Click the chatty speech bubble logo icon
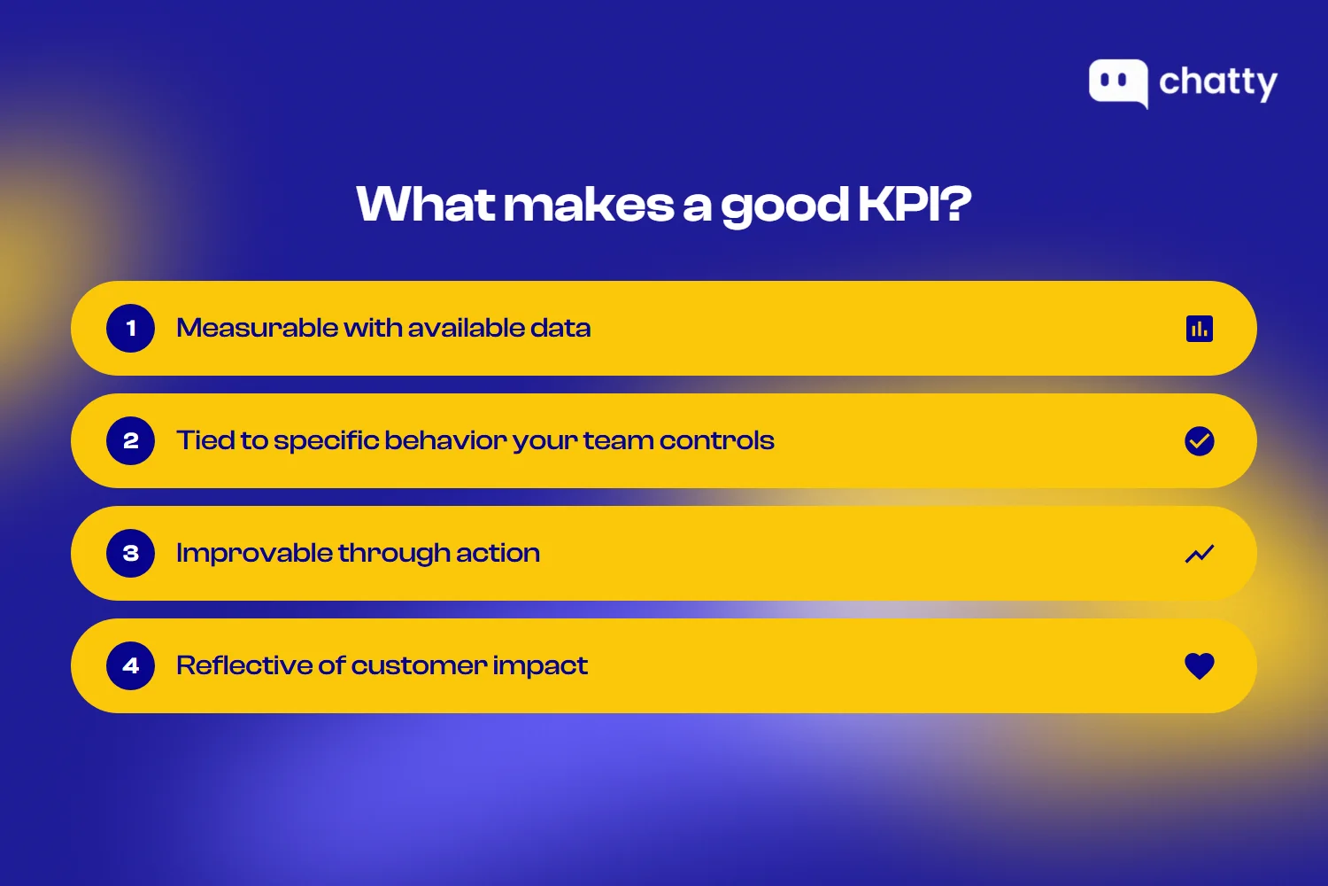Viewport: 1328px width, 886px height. point(1118,82)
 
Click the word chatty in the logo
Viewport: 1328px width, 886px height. point(1218,82)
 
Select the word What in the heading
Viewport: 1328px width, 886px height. point(426,204)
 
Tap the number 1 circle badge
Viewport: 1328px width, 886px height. point(131,329)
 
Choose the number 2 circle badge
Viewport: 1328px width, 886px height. point(131,441)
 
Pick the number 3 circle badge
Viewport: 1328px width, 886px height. point(131,554)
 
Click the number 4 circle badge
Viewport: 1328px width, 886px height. point(131,666)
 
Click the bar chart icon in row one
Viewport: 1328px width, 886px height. point(1200,329)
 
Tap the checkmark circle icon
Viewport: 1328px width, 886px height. point(1200,441)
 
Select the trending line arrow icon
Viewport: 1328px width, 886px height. point(1200,554)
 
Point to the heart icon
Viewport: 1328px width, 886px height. point(1200,666)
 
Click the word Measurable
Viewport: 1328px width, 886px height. point(257,328)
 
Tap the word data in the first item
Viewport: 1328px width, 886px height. point(560,328)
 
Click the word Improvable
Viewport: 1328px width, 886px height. point(254,554)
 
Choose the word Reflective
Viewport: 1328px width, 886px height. point(243,665)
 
